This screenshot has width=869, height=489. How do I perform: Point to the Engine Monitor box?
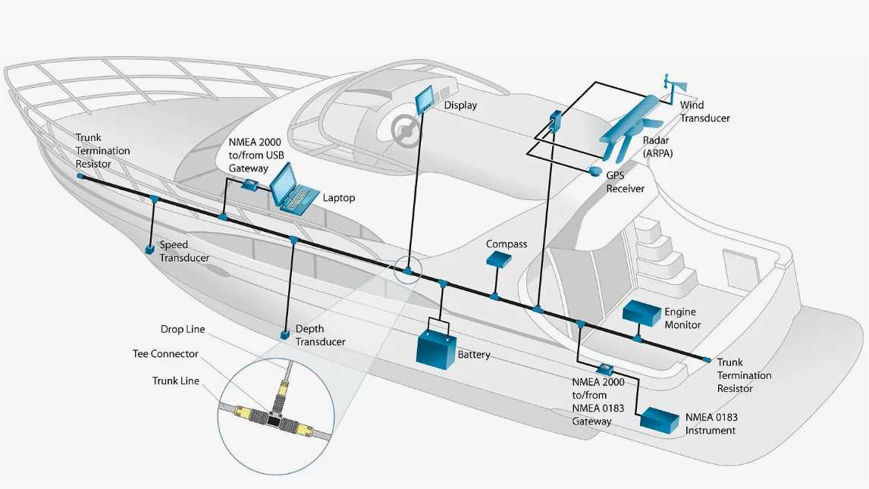pyautogui.click(x=642, y=312)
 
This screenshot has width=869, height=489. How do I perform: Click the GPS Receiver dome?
pyautogui.click(x=595, y=174)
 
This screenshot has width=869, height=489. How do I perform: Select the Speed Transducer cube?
pyautogui.click(x=151, y=248)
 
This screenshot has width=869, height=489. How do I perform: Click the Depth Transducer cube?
pyautogui.click(x=284, y=334)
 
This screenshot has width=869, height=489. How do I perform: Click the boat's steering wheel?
pyautogui.click(x=406, y=130)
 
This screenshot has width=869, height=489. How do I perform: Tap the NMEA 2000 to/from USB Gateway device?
pyautogui.click(x=249, y=185)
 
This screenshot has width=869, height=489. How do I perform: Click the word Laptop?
pyautogui.click(x=339, y=198)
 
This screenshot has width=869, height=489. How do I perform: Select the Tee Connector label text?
pyautogui.click(x=165, y=354)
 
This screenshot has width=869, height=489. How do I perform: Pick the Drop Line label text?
pyautogui.click(x=183, y=330)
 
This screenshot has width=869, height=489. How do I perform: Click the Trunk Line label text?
pyautogui.click(x=176, y=381)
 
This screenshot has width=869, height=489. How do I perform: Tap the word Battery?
pyautogui.click(x=474, y=355)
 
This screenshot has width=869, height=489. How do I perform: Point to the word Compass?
pyautogui.click(x=507, y=244)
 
